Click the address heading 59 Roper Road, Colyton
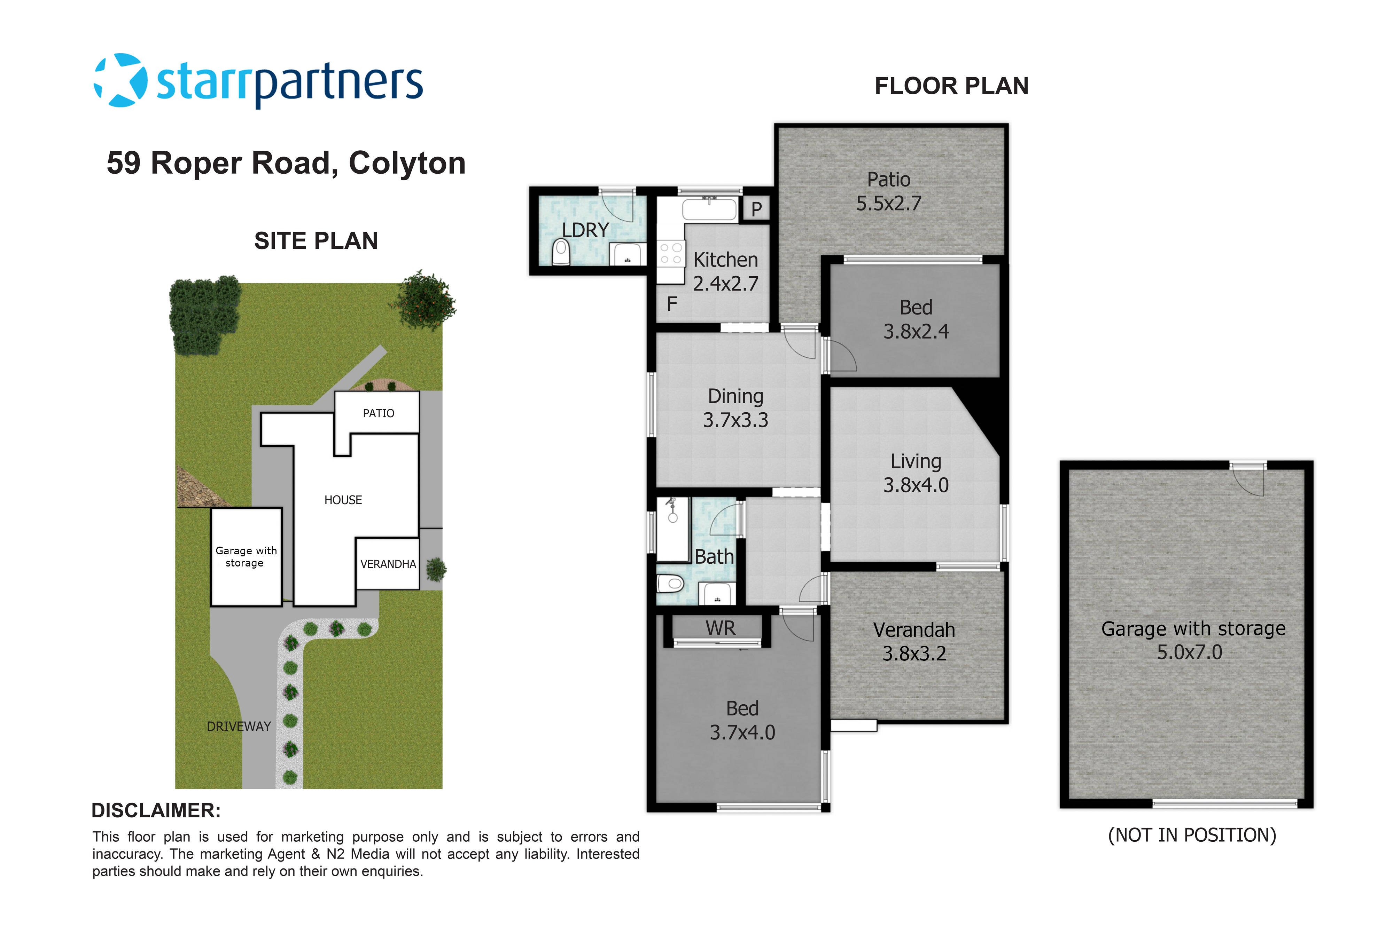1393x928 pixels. pos(286,163)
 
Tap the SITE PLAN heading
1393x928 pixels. pos(316,241)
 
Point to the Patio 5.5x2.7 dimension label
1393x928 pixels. pos(888,191)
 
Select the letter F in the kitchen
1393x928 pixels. pos(672,304)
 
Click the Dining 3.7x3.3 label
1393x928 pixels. pos(736,408)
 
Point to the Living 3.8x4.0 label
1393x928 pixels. pos(916,473)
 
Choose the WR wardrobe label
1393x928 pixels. pos(720,628)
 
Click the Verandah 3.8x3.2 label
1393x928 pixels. pos(914,642)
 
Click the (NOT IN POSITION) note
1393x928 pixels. pos(1192,835)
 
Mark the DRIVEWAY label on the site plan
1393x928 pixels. pos(239,726)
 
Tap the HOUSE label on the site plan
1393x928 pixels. pos(343,500)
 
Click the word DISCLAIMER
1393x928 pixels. pos(156,810)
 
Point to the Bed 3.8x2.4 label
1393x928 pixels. pos(916,319)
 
